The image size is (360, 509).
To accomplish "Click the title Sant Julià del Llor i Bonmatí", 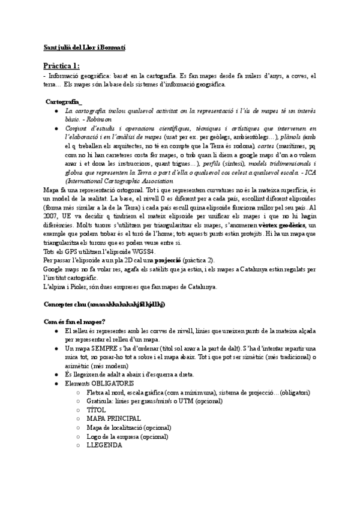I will coord(85,46).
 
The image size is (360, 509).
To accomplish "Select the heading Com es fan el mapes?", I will coord(75,322).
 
